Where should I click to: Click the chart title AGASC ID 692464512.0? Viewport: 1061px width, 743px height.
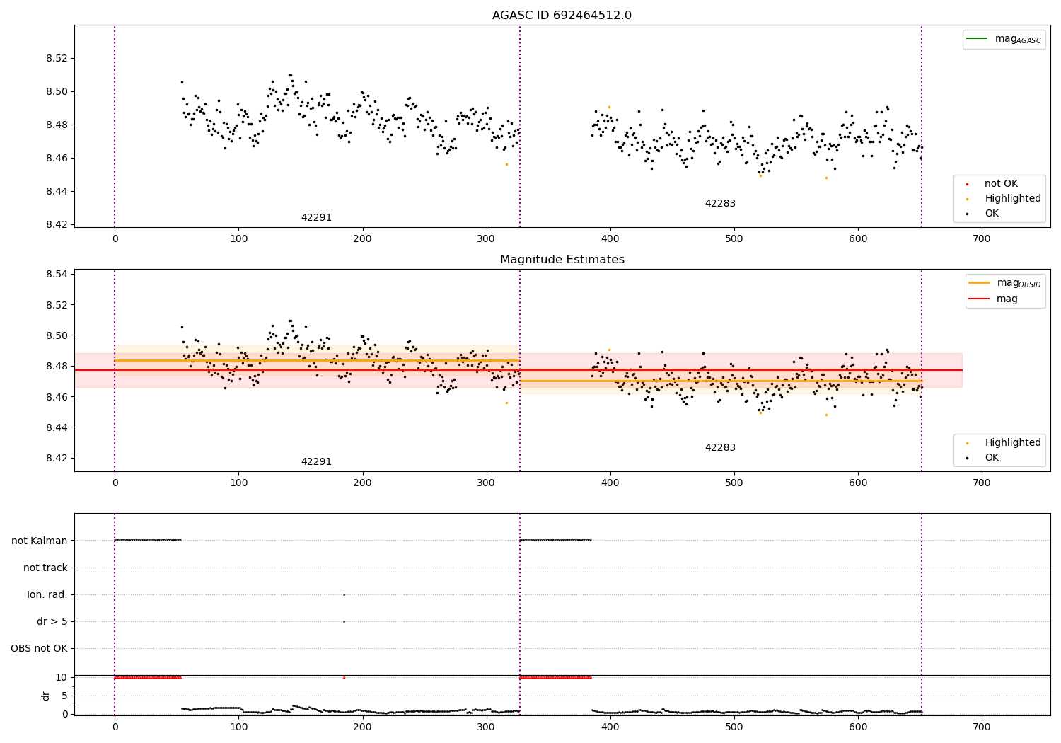click(x=562, y=16)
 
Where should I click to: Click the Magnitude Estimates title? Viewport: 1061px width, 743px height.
click(x=562, y=260)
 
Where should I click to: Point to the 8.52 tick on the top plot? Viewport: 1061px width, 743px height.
click(x=56, y=58)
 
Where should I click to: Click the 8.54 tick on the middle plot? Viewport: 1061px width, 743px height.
click(x=56, y=274)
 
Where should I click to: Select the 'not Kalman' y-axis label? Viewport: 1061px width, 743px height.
click(x=40, y=541)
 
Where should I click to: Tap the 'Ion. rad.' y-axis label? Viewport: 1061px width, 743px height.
click(x=47, y=595)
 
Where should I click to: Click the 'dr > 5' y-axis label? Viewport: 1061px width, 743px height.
click(x=52, y=622)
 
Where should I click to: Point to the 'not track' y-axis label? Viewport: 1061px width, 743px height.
click(x=45, y=568)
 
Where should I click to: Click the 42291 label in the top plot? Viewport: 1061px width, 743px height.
click(x=316, y=218)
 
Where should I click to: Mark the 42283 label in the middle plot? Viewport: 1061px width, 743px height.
click(x=720, y=448)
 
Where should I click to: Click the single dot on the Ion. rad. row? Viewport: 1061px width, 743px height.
click(x=344, y=594)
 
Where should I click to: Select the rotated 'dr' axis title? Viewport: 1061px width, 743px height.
click(x=46, y=696)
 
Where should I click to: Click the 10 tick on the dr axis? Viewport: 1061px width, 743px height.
click(x=61, y=677)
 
